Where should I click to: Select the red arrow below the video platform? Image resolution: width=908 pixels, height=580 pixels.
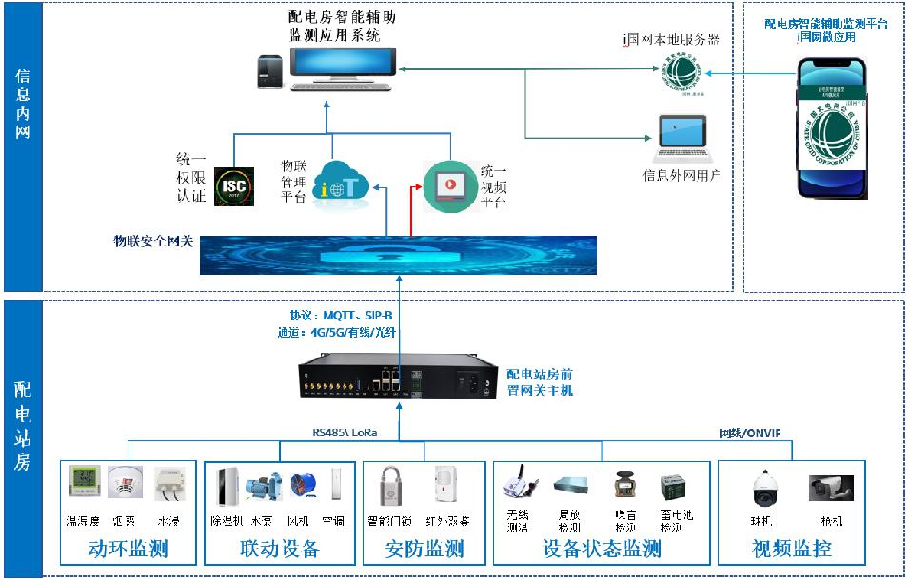pos(412,210)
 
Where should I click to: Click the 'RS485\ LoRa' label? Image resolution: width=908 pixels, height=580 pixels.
pos(345,434)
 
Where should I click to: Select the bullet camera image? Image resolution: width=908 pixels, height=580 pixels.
pos(825,488)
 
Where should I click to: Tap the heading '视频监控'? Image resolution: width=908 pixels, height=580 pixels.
pos(793,550)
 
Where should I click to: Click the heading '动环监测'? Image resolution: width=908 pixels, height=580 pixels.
pos(128,550)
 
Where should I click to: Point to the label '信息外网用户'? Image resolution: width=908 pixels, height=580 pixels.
pos(682,175)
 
